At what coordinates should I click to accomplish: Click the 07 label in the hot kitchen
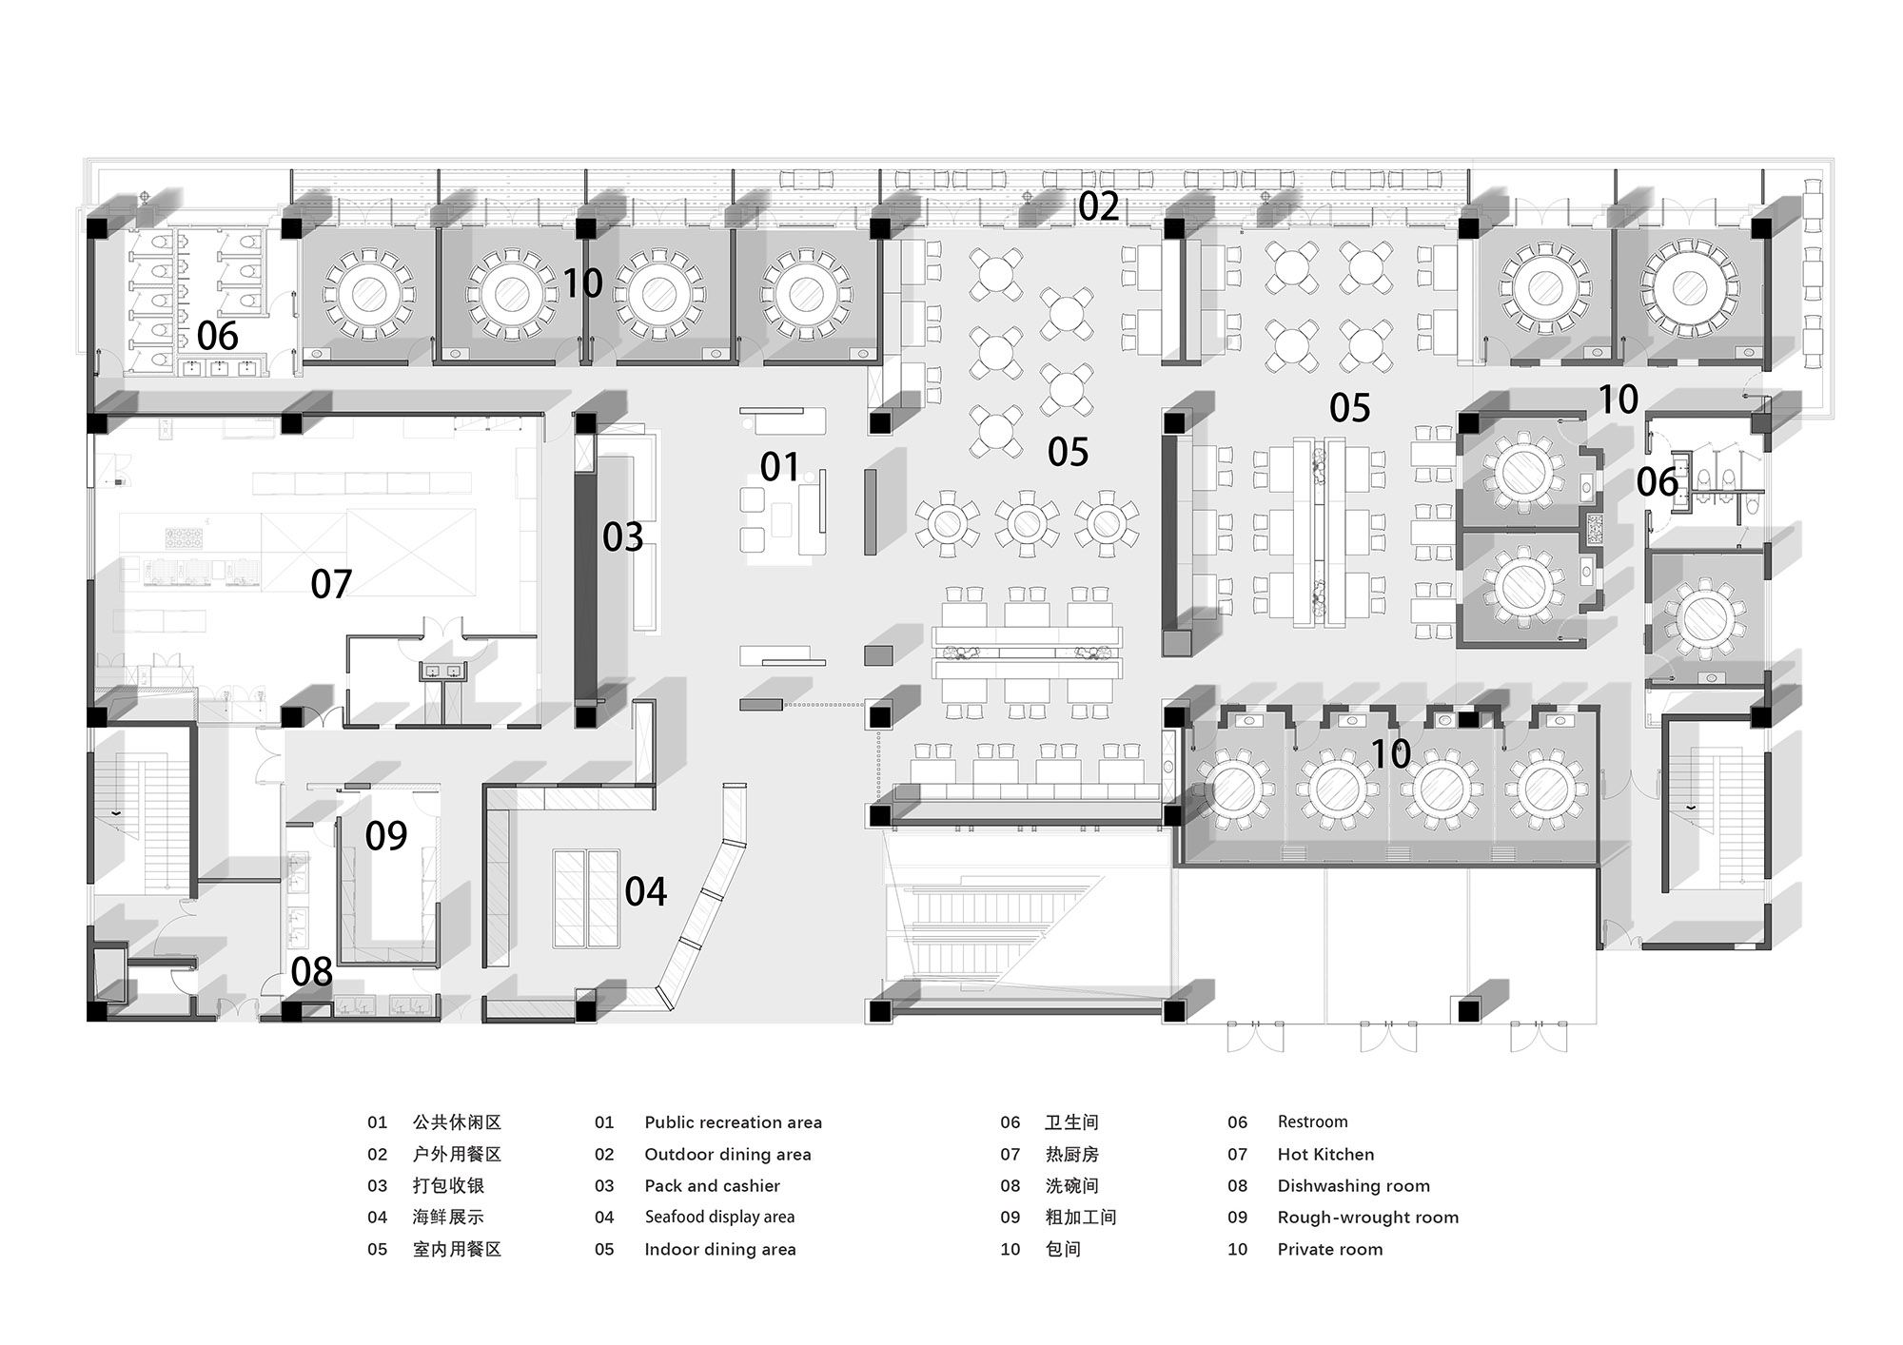[x=331, y=584]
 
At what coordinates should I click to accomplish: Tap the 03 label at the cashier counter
[x=623, y=537]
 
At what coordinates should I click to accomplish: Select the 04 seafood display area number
[x=646, y=891]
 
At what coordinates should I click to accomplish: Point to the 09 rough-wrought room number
[x=386, y=835]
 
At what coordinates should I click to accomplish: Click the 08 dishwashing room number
[x=312, y=971]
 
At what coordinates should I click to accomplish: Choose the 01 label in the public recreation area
[x=780, y=467]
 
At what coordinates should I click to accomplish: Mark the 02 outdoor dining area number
[x=1099, y=206]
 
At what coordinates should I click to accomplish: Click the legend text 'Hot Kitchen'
[x=1325, y=1155]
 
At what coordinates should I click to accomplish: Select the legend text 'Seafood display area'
[x=719, y=1218]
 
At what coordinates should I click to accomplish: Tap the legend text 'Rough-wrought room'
[x=1367, y=1218]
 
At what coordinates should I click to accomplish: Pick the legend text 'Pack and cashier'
[x=712, y=1186]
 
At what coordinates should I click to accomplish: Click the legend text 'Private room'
[x=1330, y=1249]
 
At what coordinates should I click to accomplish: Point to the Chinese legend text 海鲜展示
[x=448, y=1218]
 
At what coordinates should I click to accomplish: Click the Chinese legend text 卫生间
[x=1071, y=1122]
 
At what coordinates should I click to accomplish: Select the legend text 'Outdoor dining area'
[x=728, y=1155]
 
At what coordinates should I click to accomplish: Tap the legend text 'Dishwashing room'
[x=1353, y=1186]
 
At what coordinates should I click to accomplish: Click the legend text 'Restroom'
[x=1312, y=1122]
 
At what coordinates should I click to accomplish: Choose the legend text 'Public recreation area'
[x=733, y=1122]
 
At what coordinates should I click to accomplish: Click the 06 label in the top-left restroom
[x=218, y=336]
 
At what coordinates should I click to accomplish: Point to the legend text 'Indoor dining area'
[x=720, y=1249]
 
